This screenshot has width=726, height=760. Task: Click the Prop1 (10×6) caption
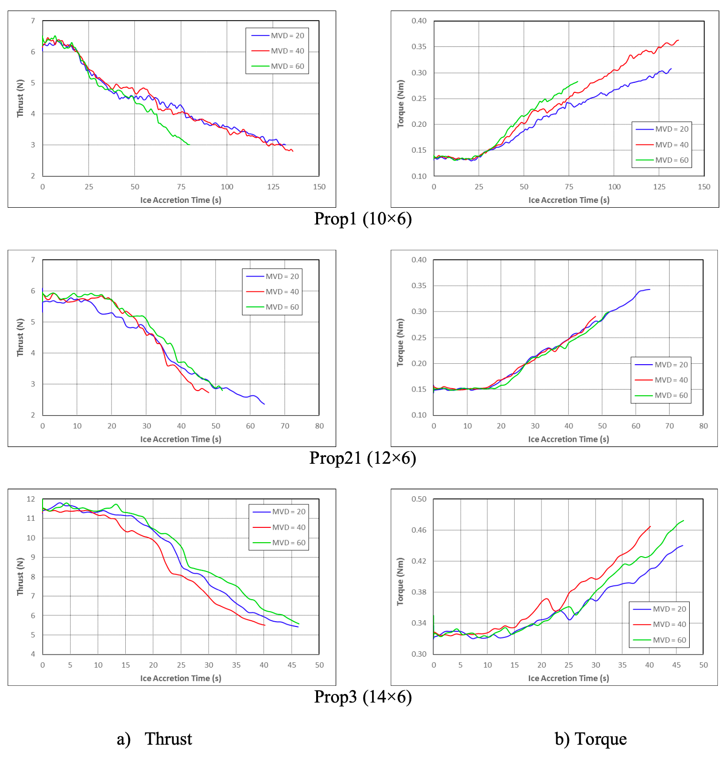[x=363, y=219]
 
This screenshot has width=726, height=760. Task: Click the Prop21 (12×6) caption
[x=363, y=458]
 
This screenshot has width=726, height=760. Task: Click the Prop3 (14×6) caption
[x=363, y=697]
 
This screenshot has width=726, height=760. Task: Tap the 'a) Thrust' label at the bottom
[x=154, y=739]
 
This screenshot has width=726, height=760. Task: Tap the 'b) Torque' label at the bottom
[x=591, y=739]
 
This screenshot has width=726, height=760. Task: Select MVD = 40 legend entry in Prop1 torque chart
[x=671, y=145]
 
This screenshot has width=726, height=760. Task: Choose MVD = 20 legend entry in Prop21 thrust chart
[x=282, y=277]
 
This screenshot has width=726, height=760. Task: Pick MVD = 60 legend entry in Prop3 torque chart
[x=669, y=640]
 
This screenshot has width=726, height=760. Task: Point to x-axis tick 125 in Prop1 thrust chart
[x=273, y=187]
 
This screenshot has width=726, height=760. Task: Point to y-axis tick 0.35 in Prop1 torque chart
[x=419, y=47]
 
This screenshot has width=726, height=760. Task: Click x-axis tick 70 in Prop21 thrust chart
[x=285, y=426]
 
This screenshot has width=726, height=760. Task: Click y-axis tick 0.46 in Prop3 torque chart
[x=419, y=530]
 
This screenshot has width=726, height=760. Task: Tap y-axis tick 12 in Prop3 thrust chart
[x=31, y=499]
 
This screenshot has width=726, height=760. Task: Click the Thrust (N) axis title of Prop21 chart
[x=20, y=337]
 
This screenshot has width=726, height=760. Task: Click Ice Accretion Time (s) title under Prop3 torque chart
[x=568, y=678]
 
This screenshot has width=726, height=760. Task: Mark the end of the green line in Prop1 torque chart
[x=578, y=81]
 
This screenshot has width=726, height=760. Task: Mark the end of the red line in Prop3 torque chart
[x=650, y=526]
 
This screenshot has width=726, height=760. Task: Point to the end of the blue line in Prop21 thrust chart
[x=264, y=404]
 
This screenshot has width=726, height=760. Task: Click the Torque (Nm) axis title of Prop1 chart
[x=401, y=104]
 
